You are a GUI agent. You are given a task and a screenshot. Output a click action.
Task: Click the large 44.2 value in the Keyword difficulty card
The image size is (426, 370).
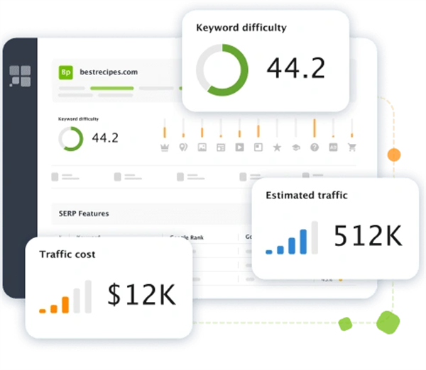click(296, 68)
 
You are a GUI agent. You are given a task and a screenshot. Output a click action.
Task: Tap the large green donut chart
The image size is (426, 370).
click(222, 68)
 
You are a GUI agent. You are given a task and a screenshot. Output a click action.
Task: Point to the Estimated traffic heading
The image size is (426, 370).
click(307, 195)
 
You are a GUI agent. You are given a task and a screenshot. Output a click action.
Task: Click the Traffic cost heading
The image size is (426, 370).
click(67, 254)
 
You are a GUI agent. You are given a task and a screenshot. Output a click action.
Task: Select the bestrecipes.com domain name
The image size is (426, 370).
click(109, 72)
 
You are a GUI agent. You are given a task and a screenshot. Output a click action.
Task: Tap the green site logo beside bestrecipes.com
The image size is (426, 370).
click(67, 72)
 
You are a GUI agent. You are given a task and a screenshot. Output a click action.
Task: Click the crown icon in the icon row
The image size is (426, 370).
click(165, 147)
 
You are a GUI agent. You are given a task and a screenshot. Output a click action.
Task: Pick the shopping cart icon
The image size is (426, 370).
click(351, 147)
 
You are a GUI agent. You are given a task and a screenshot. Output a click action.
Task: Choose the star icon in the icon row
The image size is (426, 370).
click(277, 147)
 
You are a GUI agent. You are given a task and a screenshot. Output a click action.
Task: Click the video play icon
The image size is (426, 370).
click(239, 147)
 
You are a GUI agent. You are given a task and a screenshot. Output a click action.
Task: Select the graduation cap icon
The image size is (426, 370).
click(295, 147)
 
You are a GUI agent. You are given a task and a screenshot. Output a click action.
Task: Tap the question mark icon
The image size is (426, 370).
click(314, 147)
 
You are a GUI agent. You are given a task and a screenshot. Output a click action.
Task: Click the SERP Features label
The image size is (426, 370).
click(84, 213)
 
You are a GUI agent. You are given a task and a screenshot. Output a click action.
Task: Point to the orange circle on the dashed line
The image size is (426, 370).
click(393, 154)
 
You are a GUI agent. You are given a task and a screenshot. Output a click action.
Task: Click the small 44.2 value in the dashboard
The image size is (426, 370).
click(105, 138)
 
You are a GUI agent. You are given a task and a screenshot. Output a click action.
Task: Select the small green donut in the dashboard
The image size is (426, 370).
click(70, 138)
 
